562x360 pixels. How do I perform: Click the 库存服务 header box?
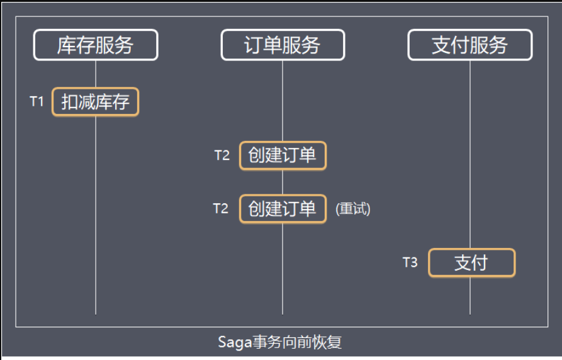point(96,45)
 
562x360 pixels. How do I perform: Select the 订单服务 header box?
point(283,45)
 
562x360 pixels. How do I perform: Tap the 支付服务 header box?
point(469,45)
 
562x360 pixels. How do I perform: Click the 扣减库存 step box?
point(95,102)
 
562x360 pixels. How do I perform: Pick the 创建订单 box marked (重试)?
point(283,209)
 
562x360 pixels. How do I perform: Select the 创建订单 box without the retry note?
point(283,155)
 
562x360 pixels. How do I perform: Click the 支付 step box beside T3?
point(471,263)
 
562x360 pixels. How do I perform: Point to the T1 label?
point(37,101)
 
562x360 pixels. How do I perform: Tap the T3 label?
point(410,262)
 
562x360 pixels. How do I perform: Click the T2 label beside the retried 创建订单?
point(221,208)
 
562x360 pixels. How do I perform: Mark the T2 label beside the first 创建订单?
point(222,155)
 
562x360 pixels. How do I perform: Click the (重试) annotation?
point(353,209)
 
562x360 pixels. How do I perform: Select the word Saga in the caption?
point(235,342)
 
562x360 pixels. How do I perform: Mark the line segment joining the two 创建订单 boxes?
point(283,182)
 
